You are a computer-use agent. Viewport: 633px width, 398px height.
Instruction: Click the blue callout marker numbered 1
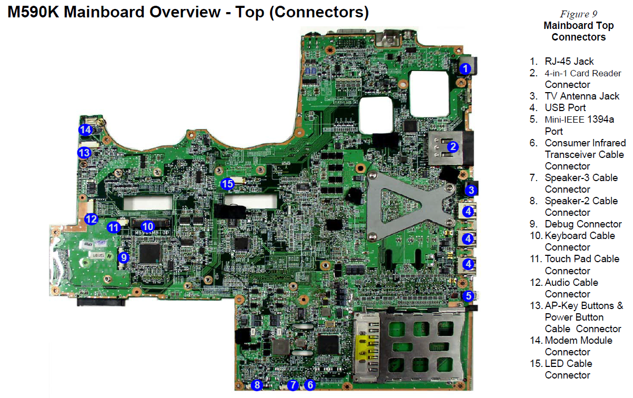[465, 68]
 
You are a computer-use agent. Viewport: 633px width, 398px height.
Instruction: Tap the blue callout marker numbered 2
[453, 146]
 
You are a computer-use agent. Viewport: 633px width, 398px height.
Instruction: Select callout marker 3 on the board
[471, 190]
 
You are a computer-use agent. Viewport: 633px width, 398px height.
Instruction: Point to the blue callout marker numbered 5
[468, 296]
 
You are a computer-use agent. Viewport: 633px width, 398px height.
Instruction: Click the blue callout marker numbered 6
[310, 385]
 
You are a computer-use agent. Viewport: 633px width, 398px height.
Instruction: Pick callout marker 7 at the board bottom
[293, 385]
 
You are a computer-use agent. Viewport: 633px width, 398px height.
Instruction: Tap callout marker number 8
[257, 385]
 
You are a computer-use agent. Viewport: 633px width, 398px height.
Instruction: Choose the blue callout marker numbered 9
[124, 257]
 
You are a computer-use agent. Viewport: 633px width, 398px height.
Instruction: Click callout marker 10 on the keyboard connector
[147, 226]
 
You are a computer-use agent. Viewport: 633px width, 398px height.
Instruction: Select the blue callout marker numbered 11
[114, 227]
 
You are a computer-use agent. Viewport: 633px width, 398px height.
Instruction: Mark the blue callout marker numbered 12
[91, 219]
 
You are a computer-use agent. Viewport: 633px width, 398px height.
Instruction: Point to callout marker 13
[84, 153]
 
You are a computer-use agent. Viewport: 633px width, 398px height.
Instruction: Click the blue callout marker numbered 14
[85, 130]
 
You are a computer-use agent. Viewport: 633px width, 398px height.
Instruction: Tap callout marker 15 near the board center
[227, 184]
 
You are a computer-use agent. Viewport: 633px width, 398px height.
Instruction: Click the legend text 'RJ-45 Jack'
[569, 62]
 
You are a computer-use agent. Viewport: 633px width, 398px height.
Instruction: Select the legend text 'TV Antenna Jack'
[582, 96]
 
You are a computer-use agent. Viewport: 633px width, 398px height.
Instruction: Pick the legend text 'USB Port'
[565, 108]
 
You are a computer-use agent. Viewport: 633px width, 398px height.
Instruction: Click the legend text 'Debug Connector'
[583, 224]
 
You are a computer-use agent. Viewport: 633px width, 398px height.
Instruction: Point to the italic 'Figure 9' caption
[578, 14]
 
